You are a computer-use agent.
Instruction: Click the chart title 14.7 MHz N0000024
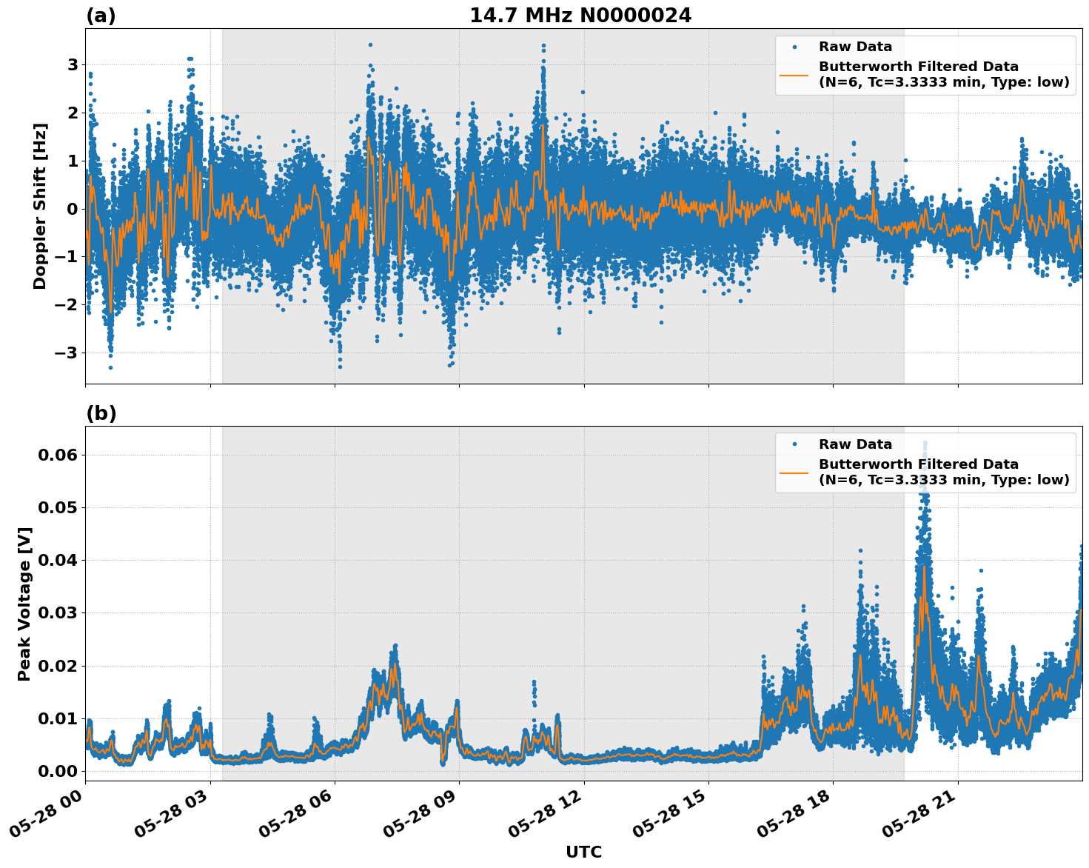(x=580, y=16)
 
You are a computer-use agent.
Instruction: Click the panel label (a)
(x=101, y=16)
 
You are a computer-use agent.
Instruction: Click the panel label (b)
(x=101, y=413)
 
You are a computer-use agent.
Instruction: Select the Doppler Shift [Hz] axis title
(x=40, y=206)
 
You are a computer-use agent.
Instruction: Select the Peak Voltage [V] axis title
(x=24, y=604)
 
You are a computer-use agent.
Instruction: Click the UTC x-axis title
(x=583, y=852)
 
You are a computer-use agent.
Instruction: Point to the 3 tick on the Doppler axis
(x=73, y=64)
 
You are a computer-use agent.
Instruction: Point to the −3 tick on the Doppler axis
(x=67, y=353)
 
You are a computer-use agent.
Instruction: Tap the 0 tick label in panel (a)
(x=73, y=209)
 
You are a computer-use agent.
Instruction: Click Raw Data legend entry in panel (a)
(x=855, y=47)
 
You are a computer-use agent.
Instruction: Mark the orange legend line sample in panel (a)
(x=794, y=75)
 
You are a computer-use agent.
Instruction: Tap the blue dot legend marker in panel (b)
(x=794, y=444)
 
